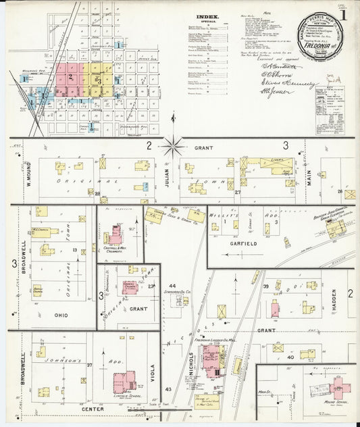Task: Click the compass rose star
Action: [x=174, y=144]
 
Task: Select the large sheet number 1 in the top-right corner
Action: [x=344, y=14]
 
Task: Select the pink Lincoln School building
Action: [x=124, y=382]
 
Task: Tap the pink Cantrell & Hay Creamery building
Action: [x=115, y=234]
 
